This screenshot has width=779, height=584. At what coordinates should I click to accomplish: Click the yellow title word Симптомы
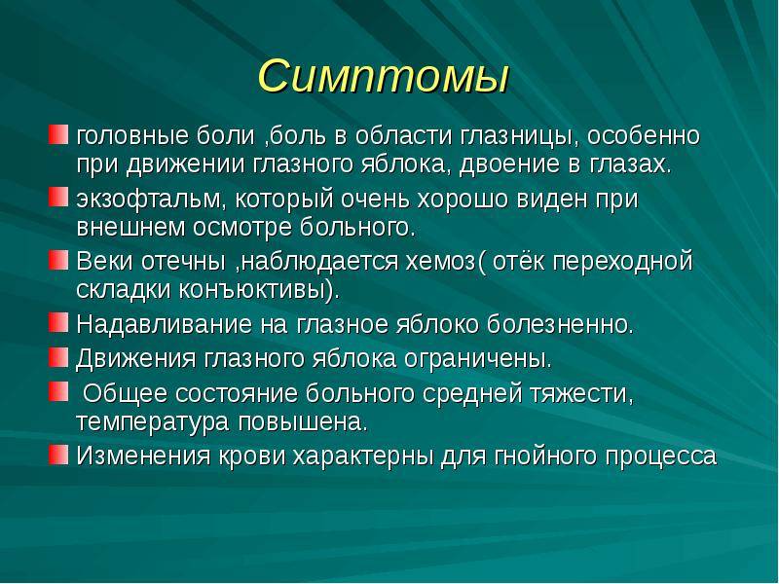[x=384, y=76]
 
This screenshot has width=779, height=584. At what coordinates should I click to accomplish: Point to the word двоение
[x=509, y=164]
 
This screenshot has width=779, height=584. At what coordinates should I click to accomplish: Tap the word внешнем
[x=130, y=228]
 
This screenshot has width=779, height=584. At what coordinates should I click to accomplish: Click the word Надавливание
[x=164, y=324]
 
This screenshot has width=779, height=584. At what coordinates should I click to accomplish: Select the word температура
[x=153, y=422]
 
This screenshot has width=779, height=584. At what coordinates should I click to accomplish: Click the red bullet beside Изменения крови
[x=58, y=455]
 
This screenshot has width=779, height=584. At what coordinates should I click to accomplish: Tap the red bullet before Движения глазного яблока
[x=58, y=356]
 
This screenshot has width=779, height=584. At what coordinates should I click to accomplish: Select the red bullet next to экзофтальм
[x=58, y=198]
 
